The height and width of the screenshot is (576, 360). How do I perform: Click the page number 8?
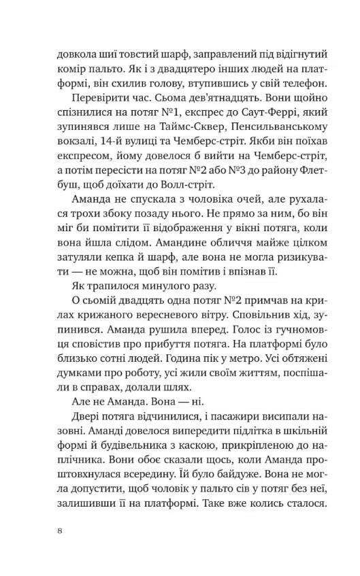[61, 532]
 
